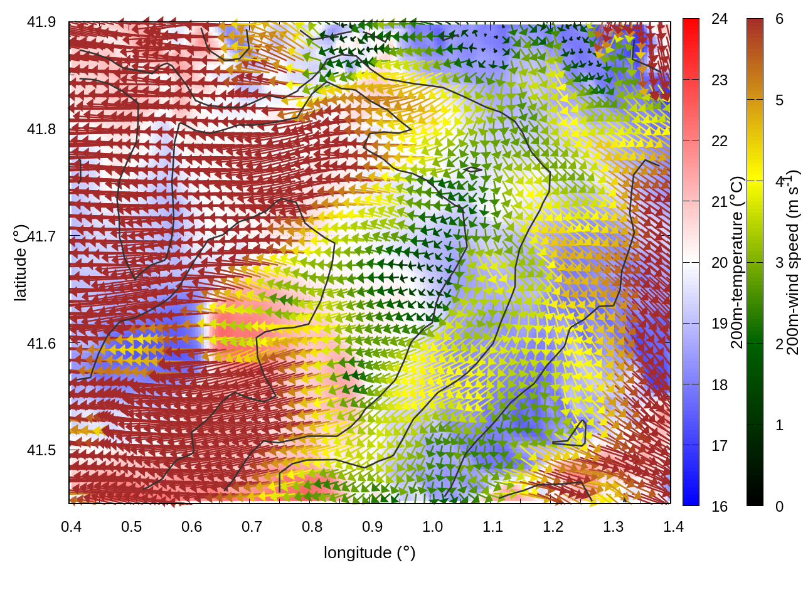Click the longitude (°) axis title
[370, 552]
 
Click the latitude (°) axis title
[20, 263]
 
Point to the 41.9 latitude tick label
[41, 22]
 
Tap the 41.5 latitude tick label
[41, 450]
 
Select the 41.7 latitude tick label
[41, 236]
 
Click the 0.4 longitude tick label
[72, 526]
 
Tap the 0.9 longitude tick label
[373, 526]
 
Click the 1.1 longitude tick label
[493, 526]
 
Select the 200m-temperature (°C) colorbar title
[737, 263]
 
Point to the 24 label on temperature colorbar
[720, 19]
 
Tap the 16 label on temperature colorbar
[720, 506]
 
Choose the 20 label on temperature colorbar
[720, 262]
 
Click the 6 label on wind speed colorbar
[779, 19]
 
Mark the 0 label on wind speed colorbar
[779, 506]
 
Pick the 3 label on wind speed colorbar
[779, 262]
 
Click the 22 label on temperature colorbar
[720, 140]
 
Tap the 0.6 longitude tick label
[192, 526]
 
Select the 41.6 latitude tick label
[41, 344]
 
